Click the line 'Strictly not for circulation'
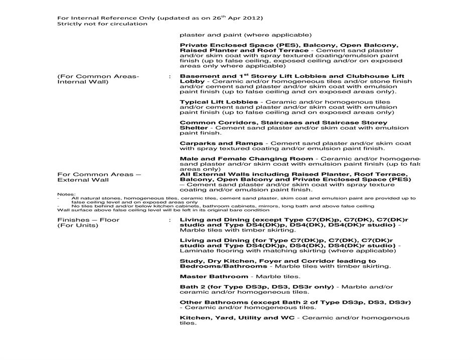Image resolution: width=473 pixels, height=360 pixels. pos(102,24)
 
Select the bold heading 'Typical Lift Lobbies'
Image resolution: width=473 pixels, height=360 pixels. pos(219,102)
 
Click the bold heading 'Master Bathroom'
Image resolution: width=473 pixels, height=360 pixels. pos(214,277)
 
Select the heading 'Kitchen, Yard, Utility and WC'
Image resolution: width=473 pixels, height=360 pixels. pos(238,318)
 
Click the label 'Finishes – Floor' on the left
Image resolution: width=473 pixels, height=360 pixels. pos(88,220)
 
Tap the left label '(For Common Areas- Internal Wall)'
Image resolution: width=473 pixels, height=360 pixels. pos(98,79)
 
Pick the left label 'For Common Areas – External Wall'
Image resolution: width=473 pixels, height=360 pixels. pos(99,177)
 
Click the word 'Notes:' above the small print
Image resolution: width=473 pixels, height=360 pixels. pos(66,194)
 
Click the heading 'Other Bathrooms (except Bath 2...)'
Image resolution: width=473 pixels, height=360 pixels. pos(295,302)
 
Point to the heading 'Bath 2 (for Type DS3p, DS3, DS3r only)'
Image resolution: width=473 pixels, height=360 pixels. pos(257,287)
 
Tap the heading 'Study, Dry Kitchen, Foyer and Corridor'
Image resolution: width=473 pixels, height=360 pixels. pos(277,261)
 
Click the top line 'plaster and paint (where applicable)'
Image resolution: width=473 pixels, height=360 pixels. pos(245,35)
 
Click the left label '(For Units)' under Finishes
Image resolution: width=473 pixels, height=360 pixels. pos(78,225)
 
